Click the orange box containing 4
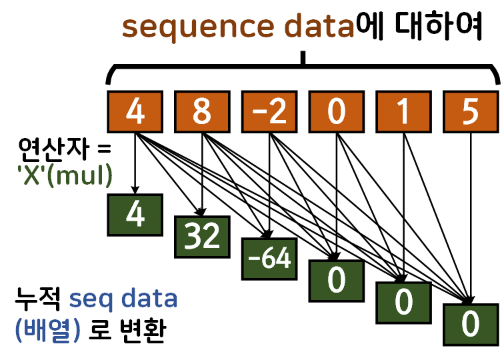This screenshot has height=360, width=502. [135, 111]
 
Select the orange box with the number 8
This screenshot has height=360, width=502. [202, 111]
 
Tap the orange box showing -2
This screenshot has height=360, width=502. [269, 111]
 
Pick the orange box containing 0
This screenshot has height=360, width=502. [337, 111]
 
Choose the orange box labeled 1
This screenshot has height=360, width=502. [404, 111]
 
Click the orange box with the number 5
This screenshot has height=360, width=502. [471, 111]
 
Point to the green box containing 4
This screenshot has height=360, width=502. [135, 215]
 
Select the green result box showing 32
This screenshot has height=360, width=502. [202, 236]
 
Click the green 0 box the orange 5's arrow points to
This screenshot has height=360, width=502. [471, 325]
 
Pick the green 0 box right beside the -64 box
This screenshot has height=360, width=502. [337, 281]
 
